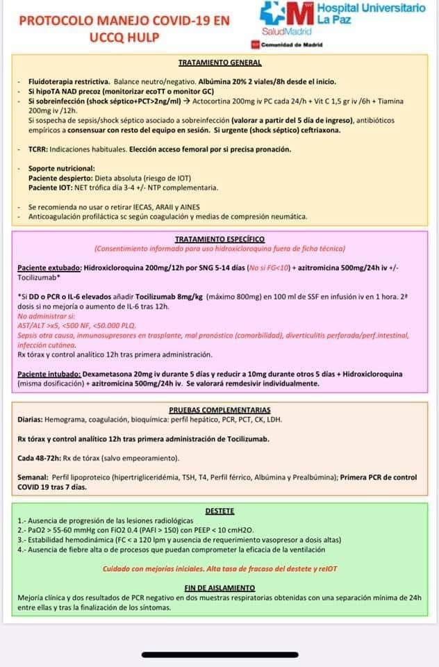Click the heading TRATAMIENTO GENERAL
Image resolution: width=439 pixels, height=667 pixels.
[219, 63]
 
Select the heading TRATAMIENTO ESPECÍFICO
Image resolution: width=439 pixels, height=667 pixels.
[219, 238]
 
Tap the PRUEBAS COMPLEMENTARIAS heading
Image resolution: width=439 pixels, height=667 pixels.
[219, 410]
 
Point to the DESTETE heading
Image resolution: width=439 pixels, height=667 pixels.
[219, 511]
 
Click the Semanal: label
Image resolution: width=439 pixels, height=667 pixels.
[33, 477]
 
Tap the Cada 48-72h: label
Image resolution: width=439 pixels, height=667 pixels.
[40, 458]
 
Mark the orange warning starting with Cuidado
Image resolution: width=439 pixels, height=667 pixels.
[219, 568]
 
